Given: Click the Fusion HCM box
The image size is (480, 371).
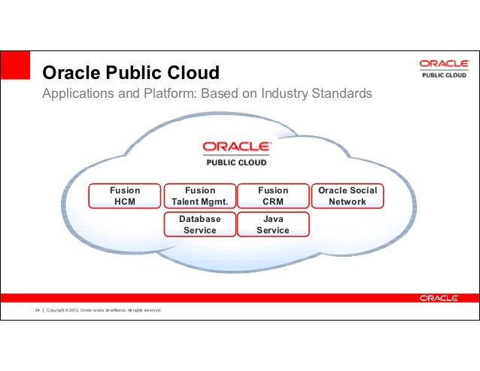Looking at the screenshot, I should (125, 196).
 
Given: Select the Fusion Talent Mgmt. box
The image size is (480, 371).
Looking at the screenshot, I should (199, 196).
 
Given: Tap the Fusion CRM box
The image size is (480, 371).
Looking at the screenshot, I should (273, 196).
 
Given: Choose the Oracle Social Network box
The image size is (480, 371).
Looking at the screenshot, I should (348, 196).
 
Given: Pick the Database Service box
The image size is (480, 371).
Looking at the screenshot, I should (199, 224).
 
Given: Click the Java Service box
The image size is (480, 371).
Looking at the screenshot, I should (273, 224).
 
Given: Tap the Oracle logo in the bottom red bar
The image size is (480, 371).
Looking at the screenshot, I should (439, 298).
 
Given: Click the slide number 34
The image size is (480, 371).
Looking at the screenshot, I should (36, 310).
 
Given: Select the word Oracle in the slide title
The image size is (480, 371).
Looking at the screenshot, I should (68, 73).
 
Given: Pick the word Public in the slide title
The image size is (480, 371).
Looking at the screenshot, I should (130, 73).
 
